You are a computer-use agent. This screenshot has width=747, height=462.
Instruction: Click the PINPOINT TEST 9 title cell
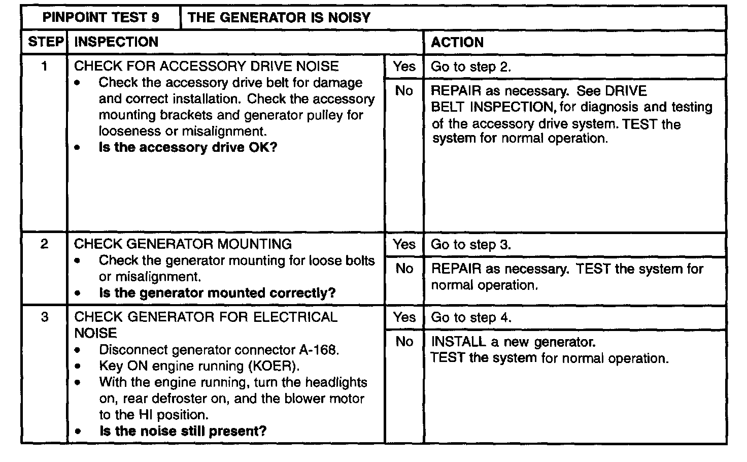[100, 18]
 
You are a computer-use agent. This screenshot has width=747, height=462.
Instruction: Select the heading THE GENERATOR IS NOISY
[279, 18]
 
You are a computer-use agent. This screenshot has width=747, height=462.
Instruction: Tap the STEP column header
[45, 42]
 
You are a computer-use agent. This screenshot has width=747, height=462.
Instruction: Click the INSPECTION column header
[116, 42]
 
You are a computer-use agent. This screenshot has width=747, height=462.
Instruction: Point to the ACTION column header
[457, 42]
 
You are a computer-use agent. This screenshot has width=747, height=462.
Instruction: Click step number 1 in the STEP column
[45, 66]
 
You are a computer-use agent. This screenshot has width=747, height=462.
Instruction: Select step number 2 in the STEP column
[45, 244]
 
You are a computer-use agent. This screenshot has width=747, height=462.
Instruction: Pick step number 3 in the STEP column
[45, 317]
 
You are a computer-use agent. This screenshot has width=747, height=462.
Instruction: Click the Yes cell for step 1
[404, 66]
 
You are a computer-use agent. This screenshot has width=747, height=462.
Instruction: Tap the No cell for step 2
[404, 268]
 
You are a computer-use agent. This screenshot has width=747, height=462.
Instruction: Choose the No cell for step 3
[404, 342]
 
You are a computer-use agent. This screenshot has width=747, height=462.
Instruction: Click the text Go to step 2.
[470, 67]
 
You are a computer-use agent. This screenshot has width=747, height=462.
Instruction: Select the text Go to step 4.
[470, 318]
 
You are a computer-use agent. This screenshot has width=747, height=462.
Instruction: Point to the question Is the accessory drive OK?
[188, 148]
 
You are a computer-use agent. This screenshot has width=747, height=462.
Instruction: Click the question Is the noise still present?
[183, 431]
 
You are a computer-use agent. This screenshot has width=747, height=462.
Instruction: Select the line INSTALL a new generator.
[513, 342]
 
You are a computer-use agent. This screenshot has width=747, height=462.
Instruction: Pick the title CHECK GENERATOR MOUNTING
[183, 244]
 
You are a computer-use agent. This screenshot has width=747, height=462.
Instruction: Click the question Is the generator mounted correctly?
[217, 293]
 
